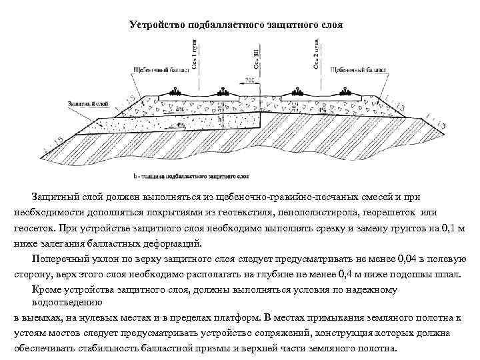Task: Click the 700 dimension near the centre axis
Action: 249,81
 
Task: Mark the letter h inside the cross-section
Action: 220,119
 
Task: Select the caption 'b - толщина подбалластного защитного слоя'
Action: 191,177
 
